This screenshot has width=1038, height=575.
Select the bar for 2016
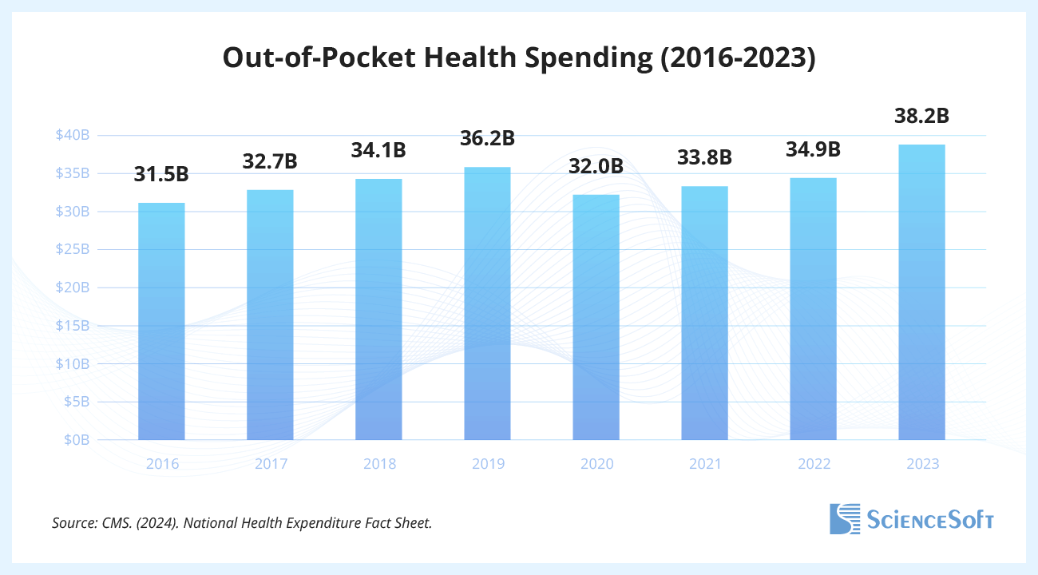click(x=161, y=321)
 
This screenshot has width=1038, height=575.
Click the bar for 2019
click(x=487, y=303)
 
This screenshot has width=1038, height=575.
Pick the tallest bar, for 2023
click(x=921, y=292)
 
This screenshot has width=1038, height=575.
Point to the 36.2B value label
click(x=487, y=138)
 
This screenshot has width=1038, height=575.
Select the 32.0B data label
click(x=596, y=168)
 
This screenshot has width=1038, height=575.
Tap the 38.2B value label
click(x=921, y=116)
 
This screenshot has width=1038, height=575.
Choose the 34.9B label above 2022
click(x=813, y=149)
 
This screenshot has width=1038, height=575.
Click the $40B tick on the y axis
click(x=72, y=135)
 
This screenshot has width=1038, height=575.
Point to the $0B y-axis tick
click(x=77, y=440)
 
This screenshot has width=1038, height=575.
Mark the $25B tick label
click(x=72, y=249)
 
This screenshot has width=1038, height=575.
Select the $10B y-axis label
click(x=72, y=363)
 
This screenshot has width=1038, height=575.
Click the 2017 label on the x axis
click(x=270, y=464)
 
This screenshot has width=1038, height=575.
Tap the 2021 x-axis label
click(x=704, y=464)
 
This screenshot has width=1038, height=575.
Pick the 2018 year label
click(x=378, y=464)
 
